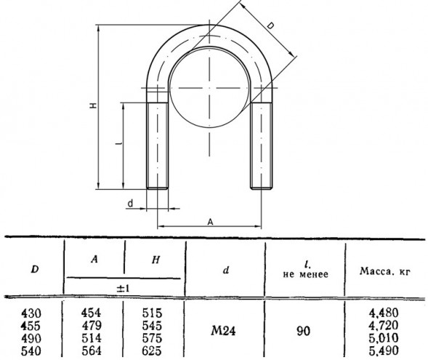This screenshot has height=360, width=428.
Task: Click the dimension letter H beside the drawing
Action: coord(93,105)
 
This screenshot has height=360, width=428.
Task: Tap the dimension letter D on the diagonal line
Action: coord(270,26)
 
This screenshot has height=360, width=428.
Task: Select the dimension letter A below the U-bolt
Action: coord(210,223)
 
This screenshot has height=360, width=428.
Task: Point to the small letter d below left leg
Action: coord(131,204)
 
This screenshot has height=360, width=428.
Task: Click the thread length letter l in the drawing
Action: coord(118,143)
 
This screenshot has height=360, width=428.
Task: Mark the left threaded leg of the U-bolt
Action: coord(157,145)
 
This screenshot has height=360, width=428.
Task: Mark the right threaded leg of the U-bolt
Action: coord(261,145)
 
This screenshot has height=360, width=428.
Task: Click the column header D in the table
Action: coord(35,270)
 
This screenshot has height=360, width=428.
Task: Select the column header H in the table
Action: coord(156,260)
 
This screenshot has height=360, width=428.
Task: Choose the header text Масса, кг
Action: coord(385,271)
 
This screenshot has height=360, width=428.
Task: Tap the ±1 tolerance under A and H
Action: coord(123,288)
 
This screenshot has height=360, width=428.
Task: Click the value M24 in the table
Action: coord(223,331)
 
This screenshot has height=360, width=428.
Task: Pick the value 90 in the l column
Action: coord(303,332)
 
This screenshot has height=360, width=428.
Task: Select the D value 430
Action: coord(31,313)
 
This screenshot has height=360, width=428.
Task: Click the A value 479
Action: coord(92,326)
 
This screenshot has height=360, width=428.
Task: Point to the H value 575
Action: coord(152,338)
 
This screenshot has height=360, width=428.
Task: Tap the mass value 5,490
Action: coord(384,351)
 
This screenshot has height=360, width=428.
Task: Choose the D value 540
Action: coord(31,351)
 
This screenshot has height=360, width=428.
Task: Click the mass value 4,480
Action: coord(384,313)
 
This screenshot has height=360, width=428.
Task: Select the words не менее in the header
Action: coord(305,274)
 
